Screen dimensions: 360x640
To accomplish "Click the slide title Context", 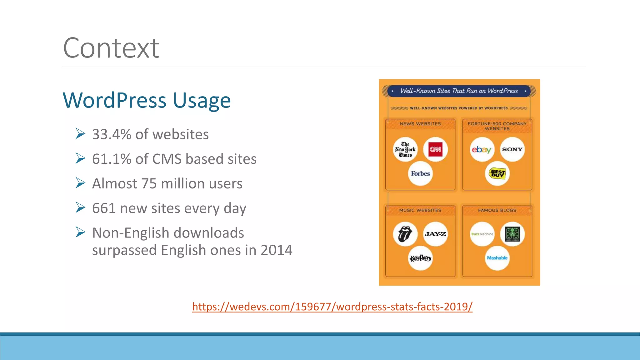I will (111, 48).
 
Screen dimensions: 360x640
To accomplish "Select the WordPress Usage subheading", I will (147, 100).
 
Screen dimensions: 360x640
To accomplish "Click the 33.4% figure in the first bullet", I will (112, 134).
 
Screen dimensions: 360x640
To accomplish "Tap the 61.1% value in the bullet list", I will (112, 159).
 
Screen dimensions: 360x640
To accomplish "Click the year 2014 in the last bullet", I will (276, 250).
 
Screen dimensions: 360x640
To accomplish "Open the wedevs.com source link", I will (332, 307).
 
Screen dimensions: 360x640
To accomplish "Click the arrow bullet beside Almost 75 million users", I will (80, 183).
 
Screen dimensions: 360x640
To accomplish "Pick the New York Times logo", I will (405, 149).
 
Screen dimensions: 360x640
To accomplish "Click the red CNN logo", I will (435, 149).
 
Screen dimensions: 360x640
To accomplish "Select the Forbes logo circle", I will (420, 173).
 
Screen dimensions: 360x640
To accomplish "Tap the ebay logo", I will (482, 149).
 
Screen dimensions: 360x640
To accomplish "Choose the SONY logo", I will (512, 149).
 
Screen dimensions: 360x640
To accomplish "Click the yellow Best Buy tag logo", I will (497, 173).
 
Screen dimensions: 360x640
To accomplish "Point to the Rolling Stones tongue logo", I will (405, 234).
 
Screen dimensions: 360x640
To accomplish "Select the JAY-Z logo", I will (435, 234).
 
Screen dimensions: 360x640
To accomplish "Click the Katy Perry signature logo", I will (420, 258).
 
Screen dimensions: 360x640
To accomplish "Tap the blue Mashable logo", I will (497, 258).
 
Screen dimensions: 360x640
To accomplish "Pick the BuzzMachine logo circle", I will (482, 234).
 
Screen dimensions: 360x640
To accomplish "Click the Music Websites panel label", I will (420, 210).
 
